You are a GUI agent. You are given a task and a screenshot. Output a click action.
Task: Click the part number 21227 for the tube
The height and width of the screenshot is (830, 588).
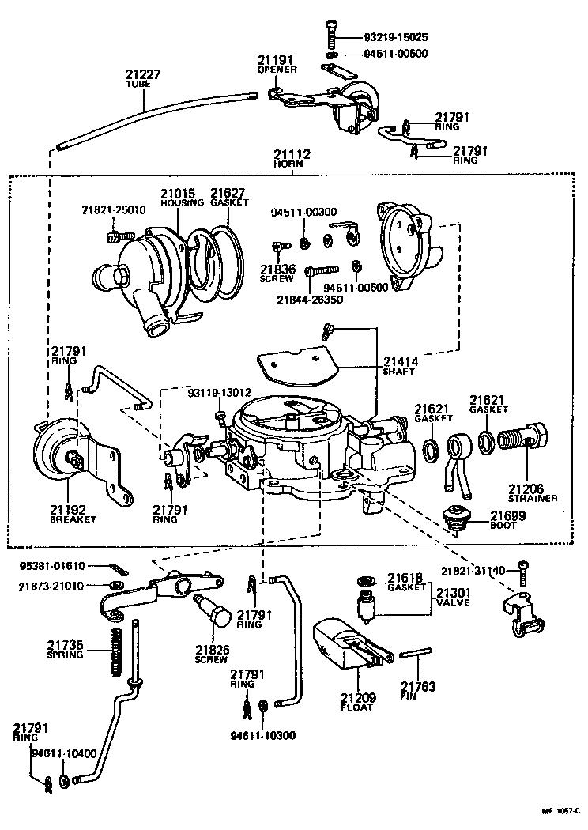(x=143, y=74)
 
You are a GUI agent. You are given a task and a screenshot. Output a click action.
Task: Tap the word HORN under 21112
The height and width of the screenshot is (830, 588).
(x=292, y=164)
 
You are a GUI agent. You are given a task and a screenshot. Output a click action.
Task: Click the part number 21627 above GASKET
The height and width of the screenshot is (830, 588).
(x=228, y=193)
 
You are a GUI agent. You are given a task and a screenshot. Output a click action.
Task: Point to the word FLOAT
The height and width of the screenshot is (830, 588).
(x=358, y=708)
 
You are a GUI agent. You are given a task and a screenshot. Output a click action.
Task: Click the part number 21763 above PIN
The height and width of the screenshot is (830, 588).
(x=417, y=687)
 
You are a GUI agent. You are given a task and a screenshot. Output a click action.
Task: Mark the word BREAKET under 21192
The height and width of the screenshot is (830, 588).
(x=72, y=519)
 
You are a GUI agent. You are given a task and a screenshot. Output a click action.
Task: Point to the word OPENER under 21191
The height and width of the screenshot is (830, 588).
(x=277, y=70)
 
